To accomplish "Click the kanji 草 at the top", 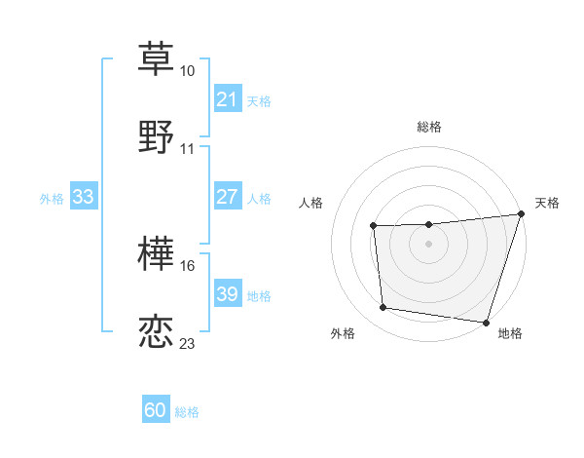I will [x=156, y=58].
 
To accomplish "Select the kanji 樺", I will [x=156, y=253].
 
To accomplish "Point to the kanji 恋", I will [x=156, y=330].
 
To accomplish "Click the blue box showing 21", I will [x=227, y=99].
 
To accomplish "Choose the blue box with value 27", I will [x=227, y=197].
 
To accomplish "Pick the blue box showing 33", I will [x=83, y=197].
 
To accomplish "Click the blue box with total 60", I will [x=156, y=410].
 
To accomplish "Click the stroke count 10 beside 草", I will [x=188, y=72].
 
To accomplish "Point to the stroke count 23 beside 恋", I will [x=188, y=344].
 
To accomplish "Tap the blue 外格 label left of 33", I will [x=52, y=198].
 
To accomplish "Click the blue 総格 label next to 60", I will [x=187, y=412].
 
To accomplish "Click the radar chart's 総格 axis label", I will [x=429, y=127].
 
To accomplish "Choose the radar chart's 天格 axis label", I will [x=548, y=203].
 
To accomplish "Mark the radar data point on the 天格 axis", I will [x=521, y=214].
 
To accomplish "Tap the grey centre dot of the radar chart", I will [x=429, y=245].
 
